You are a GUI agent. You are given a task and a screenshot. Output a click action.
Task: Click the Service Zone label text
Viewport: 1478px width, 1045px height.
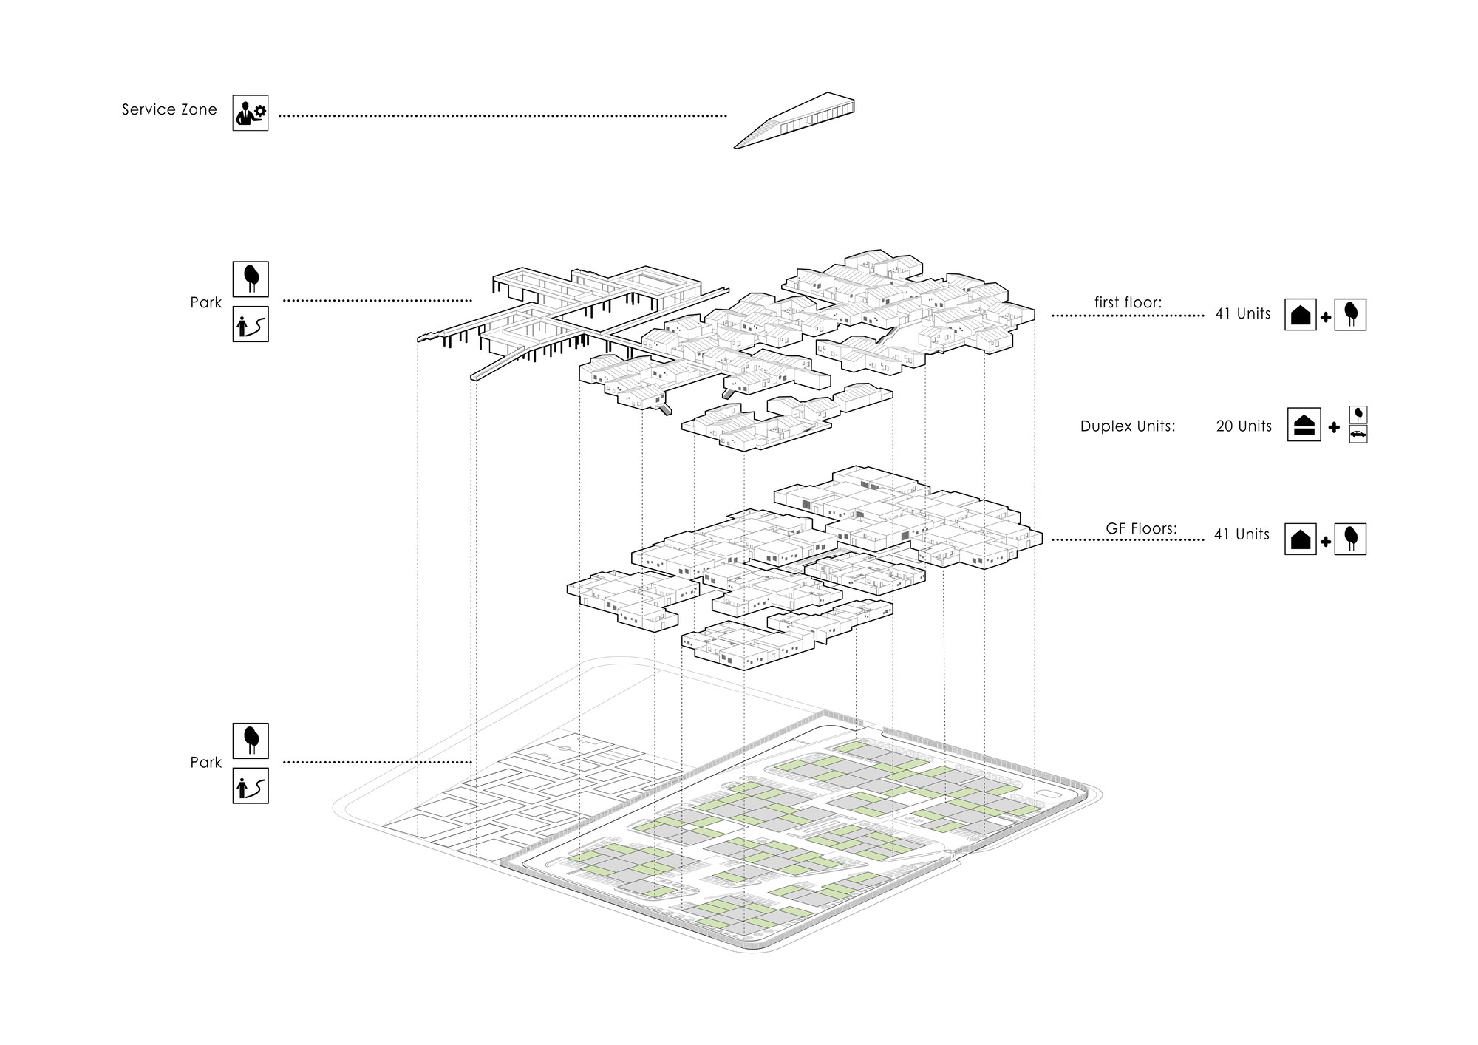tap(169, 110)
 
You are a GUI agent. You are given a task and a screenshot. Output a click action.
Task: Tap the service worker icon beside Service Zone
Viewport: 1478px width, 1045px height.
tap(251, 113)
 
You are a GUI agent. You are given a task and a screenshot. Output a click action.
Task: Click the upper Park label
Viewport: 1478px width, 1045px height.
tap(205, 302)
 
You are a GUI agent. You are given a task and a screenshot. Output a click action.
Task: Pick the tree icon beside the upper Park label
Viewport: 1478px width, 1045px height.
tap(251, 279)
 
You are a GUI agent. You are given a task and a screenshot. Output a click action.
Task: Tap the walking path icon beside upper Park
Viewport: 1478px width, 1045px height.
tap(251, 324)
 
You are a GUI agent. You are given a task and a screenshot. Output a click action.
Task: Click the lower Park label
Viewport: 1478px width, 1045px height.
tap(205, 763)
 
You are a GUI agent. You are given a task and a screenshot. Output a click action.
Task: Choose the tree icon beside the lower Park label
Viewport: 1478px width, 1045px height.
tap(251, 741)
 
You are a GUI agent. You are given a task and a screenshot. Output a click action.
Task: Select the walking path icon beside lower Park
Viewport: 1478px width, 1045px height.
tap(251, 786)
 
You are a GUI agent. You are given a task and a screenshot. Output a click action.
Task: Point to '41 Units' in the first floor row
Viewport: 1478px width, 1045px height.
tap(1243, 313)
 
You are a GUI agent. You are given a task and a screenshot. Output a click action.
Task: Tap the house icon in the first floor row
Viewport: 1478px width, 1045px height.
tap(1301, 314)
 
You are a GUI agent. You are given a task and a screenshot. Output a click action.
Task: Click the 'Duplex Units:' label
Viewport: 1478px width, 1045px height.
tap(1128, 426)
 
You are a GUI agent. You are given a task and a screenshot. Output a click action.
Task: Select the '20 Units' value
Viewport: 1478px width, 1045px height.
tap(1244, 426)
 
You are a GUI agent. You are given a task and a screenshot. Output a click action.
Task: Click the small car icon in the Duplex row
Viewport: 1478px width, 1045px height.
tap(1358, 435)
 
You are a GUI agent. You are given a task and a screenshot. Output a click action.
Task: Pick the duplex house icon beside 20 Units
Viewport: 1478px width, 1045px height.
tap(1304, 425)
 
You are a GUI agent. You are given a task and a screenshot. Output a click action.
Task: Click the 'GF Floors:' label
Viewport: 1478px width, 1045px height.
tap(1141, 528)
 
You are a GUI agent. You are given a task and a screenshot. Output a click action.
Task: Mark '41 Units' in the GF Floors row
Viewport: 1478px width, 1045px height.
tap(1242, 534)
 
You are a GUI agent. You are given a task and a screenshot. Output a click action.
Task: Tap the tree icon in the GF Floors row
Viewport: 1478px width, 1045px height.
tap(1350, 539)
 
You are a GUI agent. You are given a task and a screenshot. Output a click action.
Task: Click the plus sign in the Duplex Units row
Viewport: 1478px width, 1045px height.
tap(1334, 427)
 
